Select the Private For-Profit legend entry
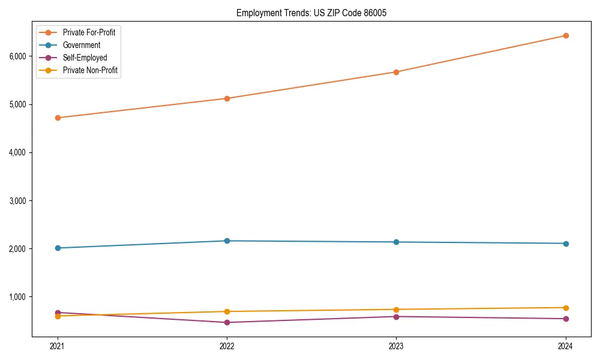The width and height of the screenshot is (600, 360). tap(89, 32)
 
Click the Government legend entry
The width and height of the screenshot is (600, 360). tap(82, 45)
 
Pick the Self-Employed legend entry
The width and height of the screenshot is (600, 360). tap(85, 58)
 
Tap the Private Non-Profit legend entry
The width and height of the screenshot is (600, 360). tap(90, 70)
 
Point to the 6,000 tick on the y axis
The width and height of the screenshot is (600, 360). tap(17, 56)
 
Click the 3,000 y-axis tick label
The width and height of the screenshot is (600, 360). tap(17, 200)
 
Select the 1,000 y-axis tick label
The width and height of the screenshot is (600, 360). tap(17, 296)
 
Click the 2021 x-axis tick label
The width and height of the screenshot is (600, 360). tap(58, 346)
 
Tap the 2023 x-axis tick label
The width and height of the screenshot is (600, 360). tap(396, 346)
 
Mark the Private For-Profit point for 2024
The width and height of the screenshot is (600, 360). tap(565, 35)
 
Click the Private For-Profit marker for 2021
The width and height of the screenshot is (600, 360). tap(58, 118)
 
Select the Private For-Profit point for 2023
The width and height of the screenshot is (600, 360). tap(396, 72)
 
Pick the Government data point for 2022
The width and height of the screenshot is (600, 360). tap(227, 241)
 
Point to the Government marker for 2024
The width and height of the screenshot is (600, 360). tap(565, 244)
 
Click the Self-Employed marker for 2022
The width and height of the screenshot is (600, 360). tap(227, 322)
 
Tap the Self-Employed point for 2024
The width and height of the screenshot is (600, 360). tap(565, 319)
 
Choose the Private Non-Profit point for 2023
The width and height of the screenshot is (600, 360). tap(396, 310)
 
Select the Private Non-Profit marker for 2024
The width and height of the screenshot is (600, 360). tap(565, 308)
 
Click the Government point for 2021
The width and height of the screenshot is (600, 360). tap(58, 248)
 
